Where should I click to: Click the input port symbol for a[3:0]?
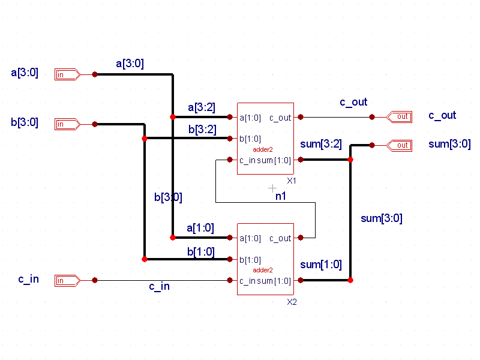click(x=68, y=74)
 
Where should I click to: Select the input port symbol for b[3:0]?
click(x=68, y=124)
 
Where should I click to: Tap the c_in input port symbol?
click(x=68, y=280)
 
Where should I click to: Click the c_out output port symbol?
click(x=399, y=117)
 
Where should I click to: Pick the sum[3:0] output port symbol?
click(x=399, y=145)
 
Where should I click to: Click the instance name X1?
click(x=292, y=181)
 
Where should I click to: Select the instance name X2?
click(x=292, y=302)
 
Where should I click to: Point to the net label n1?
click(x=281, y=196)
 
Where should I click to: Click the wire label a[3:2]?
click(x=202, y=107)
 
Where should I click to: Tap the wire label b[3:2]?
click(x=202, y=130)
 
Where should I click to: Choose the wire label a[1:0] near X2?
click(x=200, y=228)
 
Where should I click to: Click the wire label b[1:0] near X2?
click(x=201, y=252)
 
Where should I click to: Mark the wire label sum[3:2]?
click(x=321, y=144)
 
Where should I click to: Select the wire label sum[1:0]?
click(x=321, y=265)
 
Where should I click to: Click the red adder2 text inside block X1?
click(x=263, y=149)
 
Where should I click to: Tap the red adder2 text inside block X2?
click(x=263, y=270)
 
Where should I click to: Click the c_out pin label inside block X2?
click(x=280, y=238)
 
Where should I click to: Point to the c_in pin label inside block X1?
click(x=247, y=160)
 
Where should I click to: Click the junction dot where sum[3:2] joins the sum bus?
click(x=350, y=160)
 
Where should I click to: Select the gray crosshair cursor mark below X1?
click(x=272, y=188)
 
